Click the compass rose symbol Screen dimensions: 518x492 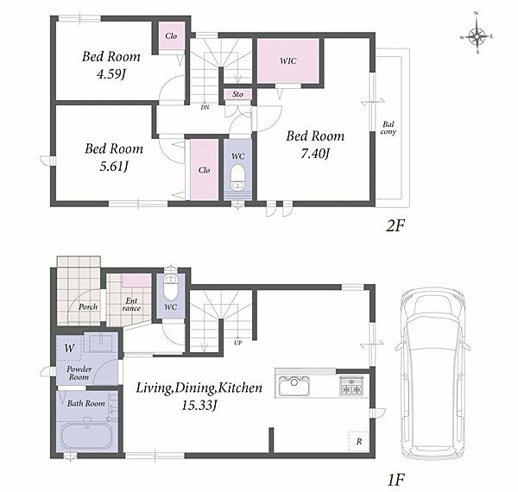477,36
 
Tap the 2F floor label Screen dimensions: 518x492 395,226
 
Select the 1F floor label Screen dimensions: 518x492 395,480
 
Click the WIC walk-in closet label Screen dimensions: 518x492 288,60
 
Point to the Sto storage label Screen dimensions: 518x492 238,94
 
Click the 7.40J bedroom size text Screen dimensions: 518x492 315,154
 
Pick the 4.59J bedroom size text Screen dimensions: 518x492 111,73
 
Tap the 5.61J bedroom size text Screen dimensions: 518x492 114,167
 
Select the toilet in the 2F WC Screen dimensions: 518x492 237,177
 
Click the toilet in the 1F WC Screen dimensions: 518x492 171,287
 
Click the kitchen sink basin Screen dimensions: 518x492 294,386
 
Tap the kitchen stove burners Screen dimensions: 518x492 351,386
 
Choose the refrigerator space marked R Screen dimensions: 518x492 359,441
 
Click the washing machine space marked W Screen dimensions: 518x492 69,347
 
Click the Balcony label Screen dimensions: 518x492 388,128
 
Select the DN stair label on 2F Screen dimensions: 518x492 205,108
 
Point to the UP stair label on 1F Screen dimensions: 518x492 238,343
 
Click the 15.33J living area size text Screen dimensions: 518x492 199,405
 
